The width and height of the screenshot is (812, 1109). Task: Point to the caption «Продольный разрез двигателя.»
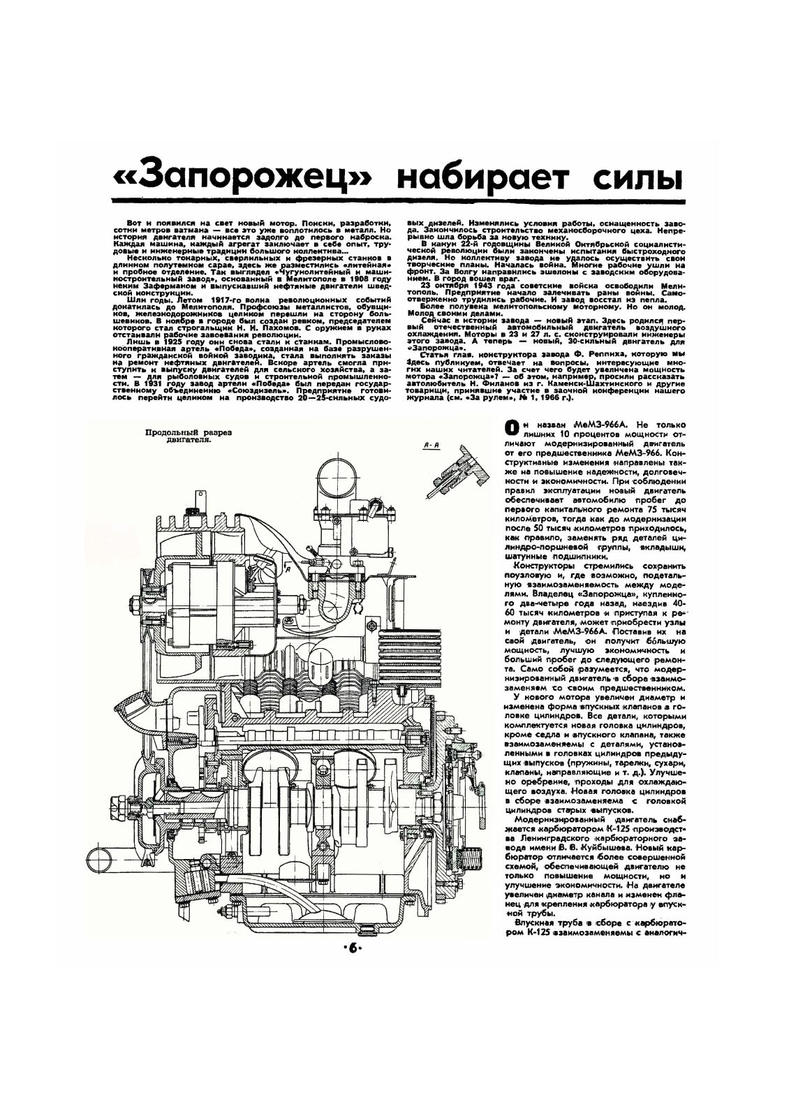[x=188, y=436]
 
